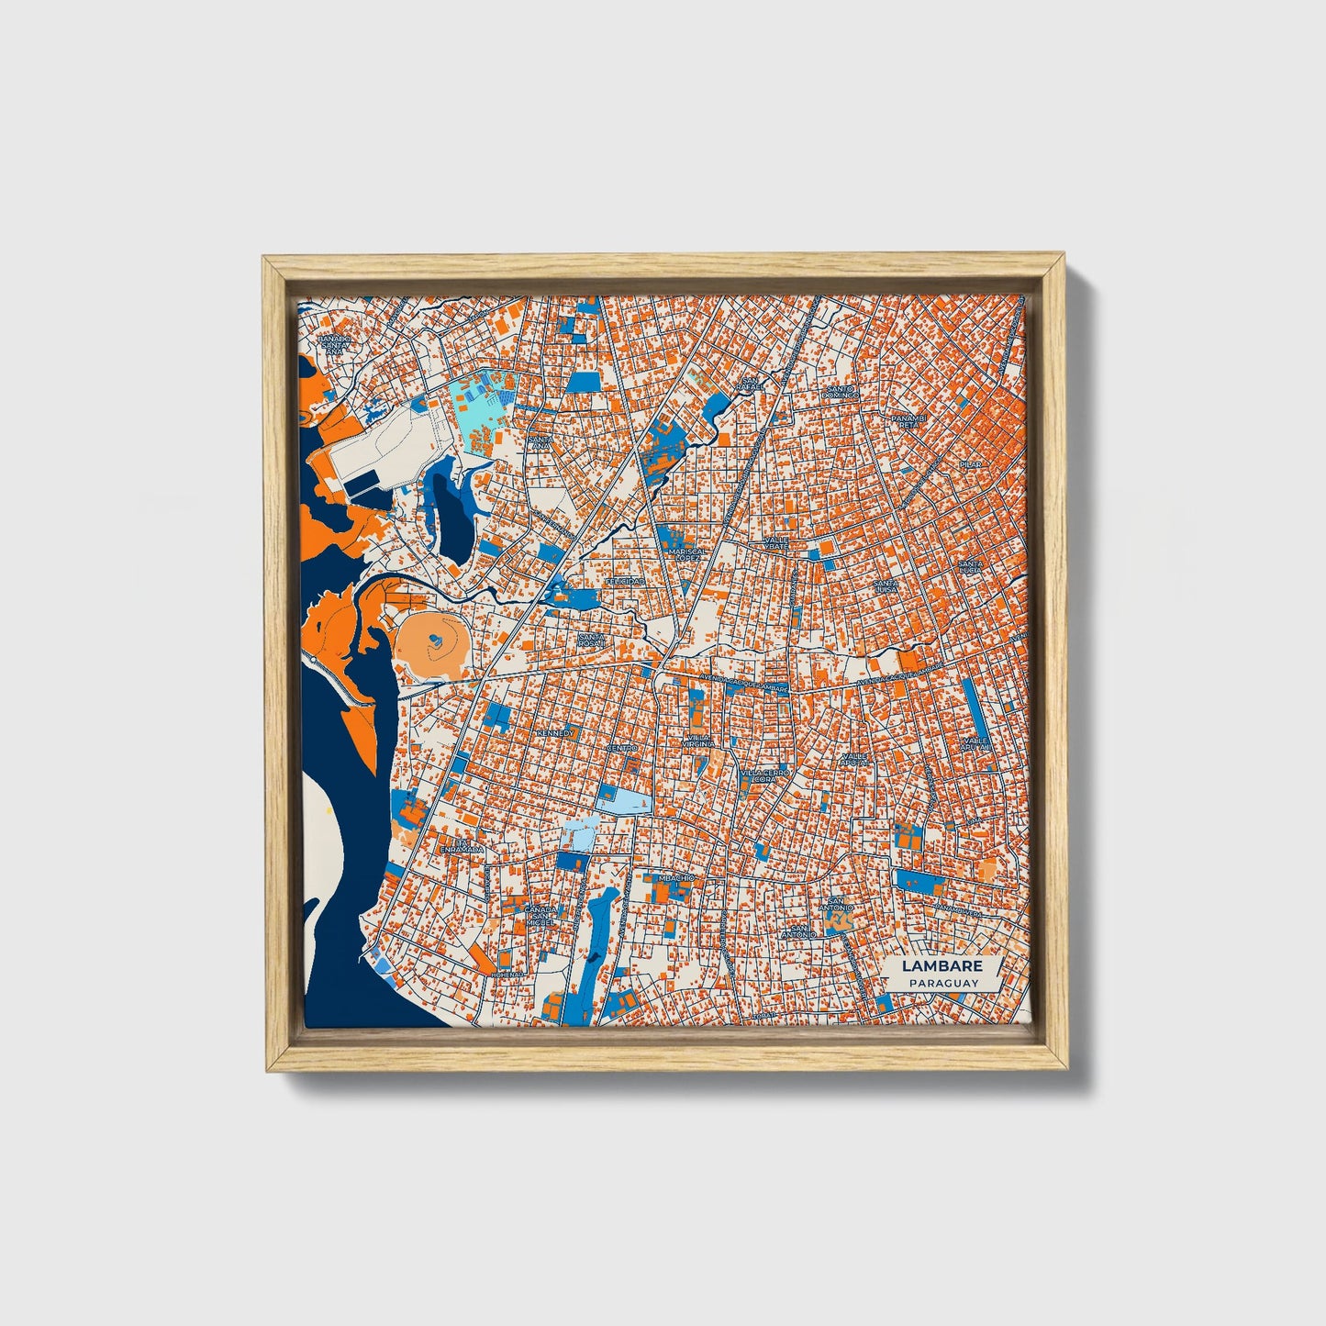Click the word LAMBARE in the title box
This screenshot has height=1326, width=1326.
point(942,965)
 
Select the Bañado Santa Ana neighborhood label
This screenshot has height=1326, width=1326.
point(335,344)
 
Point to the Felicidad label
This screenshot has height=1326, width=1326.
point(625,582)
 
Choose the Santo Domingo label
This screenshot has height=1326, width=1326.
point(841,392)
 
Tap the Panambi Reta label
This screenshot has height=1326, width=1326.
point(908,421)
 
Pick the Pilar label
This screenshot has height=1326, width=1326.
point(970,465)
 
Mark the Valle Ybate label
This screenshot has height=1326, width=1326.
point(776,543)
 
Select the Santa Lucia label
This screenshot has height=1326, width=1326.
point(970,567)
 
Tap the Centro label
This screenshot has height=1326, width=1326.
point(622,748)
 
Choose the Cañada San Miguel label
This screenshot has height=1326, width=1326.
point(539,914)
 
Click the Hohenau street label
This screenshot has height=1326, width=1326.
point(507,975)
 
